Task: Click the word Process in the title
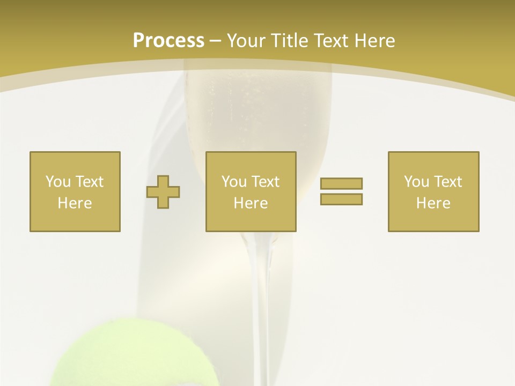(168, 40)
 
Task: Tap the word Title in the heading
(287, 41)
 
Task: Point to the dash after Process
(215, 41)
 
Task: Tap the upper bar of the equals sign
(341, 183)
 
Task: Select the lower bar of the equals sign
(341, 199)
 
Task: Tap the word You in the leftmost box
(58, 182)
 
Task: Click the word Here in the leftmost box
(75, 203)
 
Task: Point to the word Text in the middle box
(266, 182)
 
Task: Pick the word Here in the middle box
(251, 203)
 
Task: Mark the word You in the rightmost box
(416, 182)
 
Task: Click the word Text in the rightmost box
(448, 182)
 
